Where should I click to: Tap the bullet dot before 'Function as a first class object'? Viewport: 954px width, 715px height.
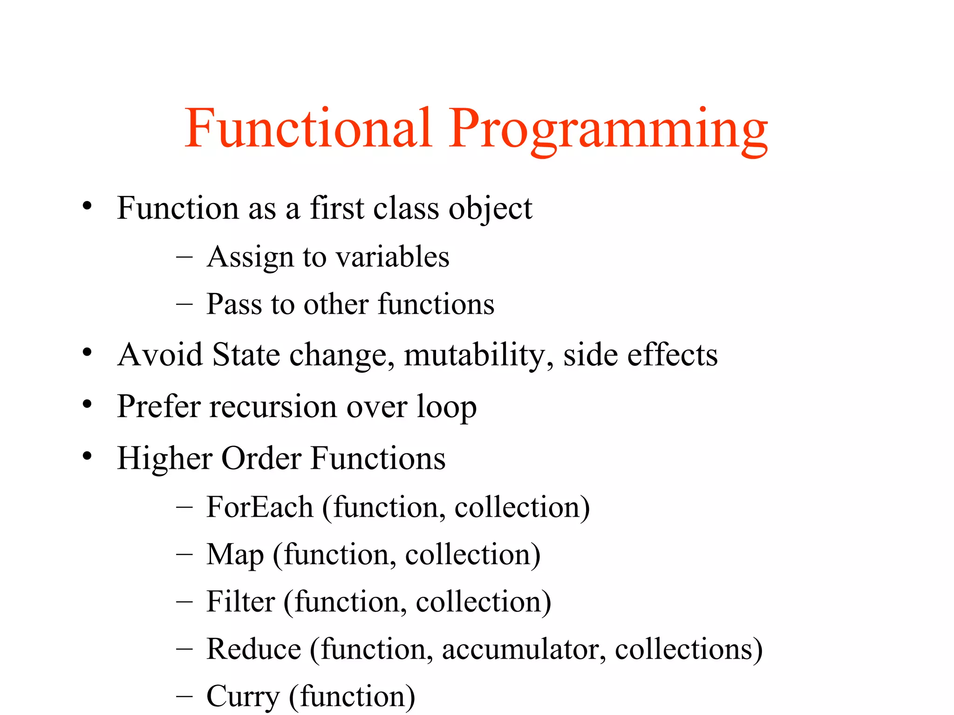coord(87,205)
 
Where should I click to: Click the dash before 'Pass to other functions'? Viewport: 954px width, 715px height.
coord(184,304)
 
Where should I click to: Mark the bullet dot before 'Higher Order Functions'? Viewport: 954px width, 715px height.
coord(87,456)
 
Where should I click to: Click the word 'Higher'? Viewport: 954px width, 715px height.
coord(165,459)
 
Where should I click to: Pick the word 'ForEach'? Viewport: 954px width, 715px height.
coord(259,507)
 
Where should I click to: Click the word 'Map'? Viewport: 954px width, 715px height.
coord(235,555)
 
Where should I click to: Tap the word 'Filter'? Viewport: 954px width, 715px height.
coord(240,601)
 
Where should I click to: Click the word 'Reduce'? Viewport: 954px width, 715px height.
coord(254,649)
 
